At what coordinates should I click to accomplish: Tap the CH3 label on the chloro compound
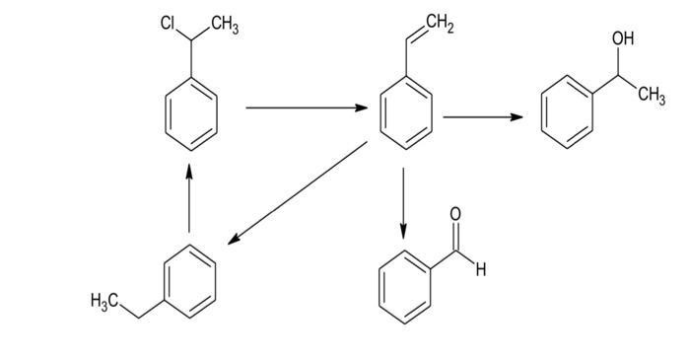coord(221,27)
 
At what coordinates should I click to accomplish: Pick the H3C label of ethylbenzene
coord(107,301)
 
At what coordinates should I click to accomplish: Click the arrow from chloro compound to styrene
coord(306,108)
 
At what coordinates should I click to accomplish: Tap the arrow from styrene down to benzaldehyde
coord(403,202)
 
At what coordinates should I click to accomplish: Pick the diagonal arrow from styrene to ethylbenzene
coord(296,193)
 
